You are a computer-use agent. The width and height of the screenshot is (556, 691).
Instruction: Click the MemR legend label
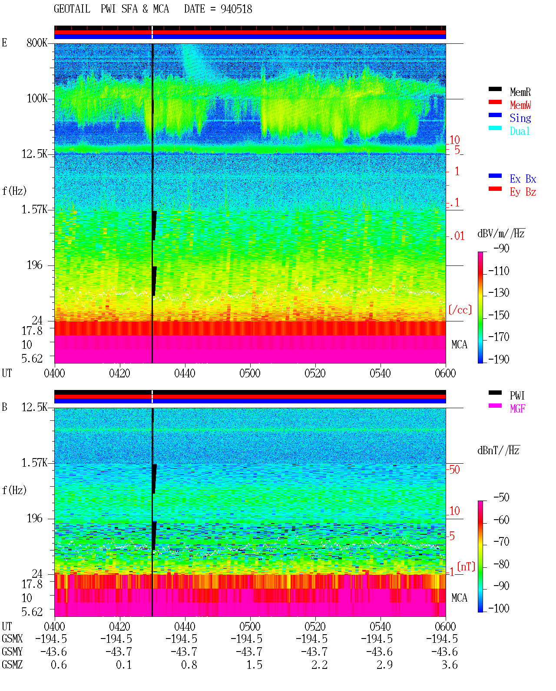coord(520,92)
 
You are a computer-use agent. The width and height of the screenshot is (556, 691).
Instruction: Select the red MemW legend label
coord(520,105)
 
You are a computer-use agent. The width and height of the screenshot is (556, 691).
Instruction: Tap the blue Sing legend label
coord(520,118)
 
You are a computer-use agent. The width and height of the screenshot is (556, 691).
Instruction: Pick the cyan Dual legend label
coord(520,131)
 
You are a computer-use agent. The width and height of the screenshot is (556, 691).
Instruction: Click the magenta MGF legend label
coord(517,409)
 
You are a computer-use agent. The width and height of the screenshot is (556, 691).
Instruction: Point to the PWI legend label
coord(517,396)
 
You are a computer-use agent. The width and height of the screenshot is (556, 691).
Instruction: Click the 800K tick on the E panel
coord(37,43)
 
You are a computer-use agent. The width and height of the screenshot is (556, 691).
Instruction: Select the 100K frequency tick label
coord(37,98)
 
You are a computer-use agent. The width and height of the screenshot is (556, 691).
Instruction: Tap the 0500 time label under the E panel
coord(250,373)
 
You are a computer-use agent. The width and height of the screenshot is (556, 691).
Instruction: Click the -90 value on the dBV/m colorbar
coord(501,248)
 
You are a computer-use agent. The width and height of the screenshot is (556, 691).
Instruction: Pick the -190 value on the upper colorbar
coord(499,359)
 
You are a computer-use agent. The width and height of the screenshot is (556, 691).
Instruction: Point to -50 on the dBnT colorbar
coord(501,498)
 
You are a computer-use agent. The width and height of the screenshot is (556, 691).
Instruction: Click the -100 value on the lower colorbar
coord(499,608)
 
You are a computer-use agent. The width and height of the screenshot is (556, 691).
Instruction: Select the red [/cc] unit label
coord(460,310)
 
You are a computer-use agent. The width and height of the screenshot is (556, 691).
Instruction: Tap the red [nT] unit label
coord(466,567)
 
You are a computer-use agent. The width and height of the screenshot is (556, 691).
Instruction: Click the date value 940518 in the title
coord(236,9)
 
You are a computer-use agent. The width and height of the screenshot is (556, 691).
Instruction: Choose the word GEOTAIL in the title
coord(72,9)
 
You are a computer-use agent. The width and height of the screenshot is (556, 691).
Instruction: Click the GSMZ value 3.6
coord(449,665)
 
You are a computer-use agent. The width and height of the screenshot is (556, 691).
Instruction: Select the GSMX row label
coord(12,639)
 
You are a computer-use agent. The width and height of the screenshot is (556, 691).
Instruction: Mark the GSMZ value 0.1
coord(124,665)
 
